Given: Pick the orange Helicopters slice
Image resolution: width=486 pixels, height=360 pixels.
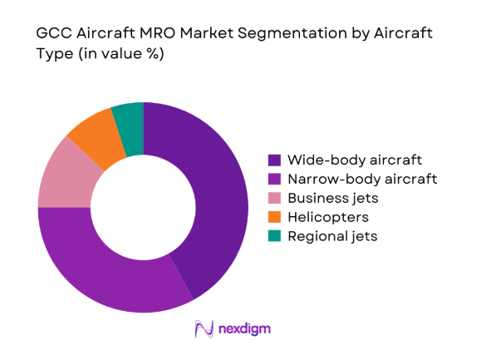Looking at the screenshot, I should [x=94, y=136].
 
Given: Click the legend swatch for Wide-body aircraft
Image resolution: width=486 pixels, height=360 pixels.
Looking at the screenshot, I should [x=274, y=159].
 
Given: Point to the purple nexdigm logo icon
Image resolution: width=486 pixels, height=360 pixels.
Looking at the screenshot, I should [x=203, y=329].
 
